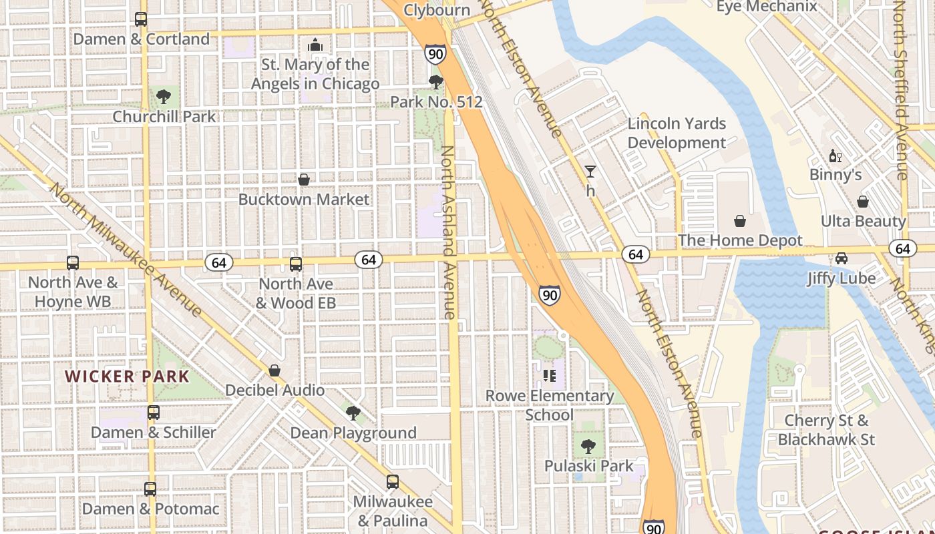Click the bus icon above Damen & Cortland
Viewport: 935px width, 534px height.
click(141, 19)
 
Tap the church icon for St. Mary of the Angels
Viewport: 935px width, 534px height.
click(315, 45)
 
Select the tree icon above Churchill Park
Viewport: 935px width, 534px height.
click(163, 97)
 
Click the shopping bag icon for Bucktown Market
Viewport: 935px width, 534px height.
click(304, 180)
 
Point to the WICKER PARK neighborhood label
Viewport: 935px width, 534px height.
click(128, 376)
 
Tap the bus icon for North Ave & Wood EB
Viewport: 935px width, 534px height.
click(296, 264)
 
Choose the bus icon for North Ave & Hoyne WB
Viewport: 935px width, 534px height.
click(73, 263)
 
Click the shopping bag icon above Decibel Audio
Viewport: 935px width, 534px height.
click(274, 370)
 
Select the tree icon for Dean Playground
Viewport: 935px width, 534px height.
click(353, 413)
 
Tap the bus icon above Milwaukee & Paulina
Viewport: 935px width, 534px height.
click(393, 481)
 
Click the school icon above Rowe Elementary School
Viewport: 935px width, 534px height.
click(550, 376)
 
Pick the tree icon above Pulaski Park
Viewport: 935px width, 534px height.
click(588, 446)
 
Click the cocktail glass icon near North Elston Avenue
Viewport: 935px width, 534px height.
click(590, 172)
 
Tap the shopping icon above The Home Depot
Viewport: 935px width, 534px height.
click(740, 221)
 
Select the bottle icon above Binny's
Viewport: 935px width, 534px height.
click(835, 156)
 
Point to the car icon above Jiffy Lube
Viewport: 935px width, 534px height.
click(841, 258)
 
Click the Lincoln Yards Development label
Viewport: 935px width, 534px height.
click(677, 133)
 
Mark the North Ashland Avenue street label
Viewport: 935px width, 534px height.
click(448, 232)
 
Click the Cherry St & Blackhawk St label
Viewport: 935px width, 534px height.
click(826, 430)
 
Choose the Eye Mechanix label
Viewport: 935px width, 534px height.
click(767, 7)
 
